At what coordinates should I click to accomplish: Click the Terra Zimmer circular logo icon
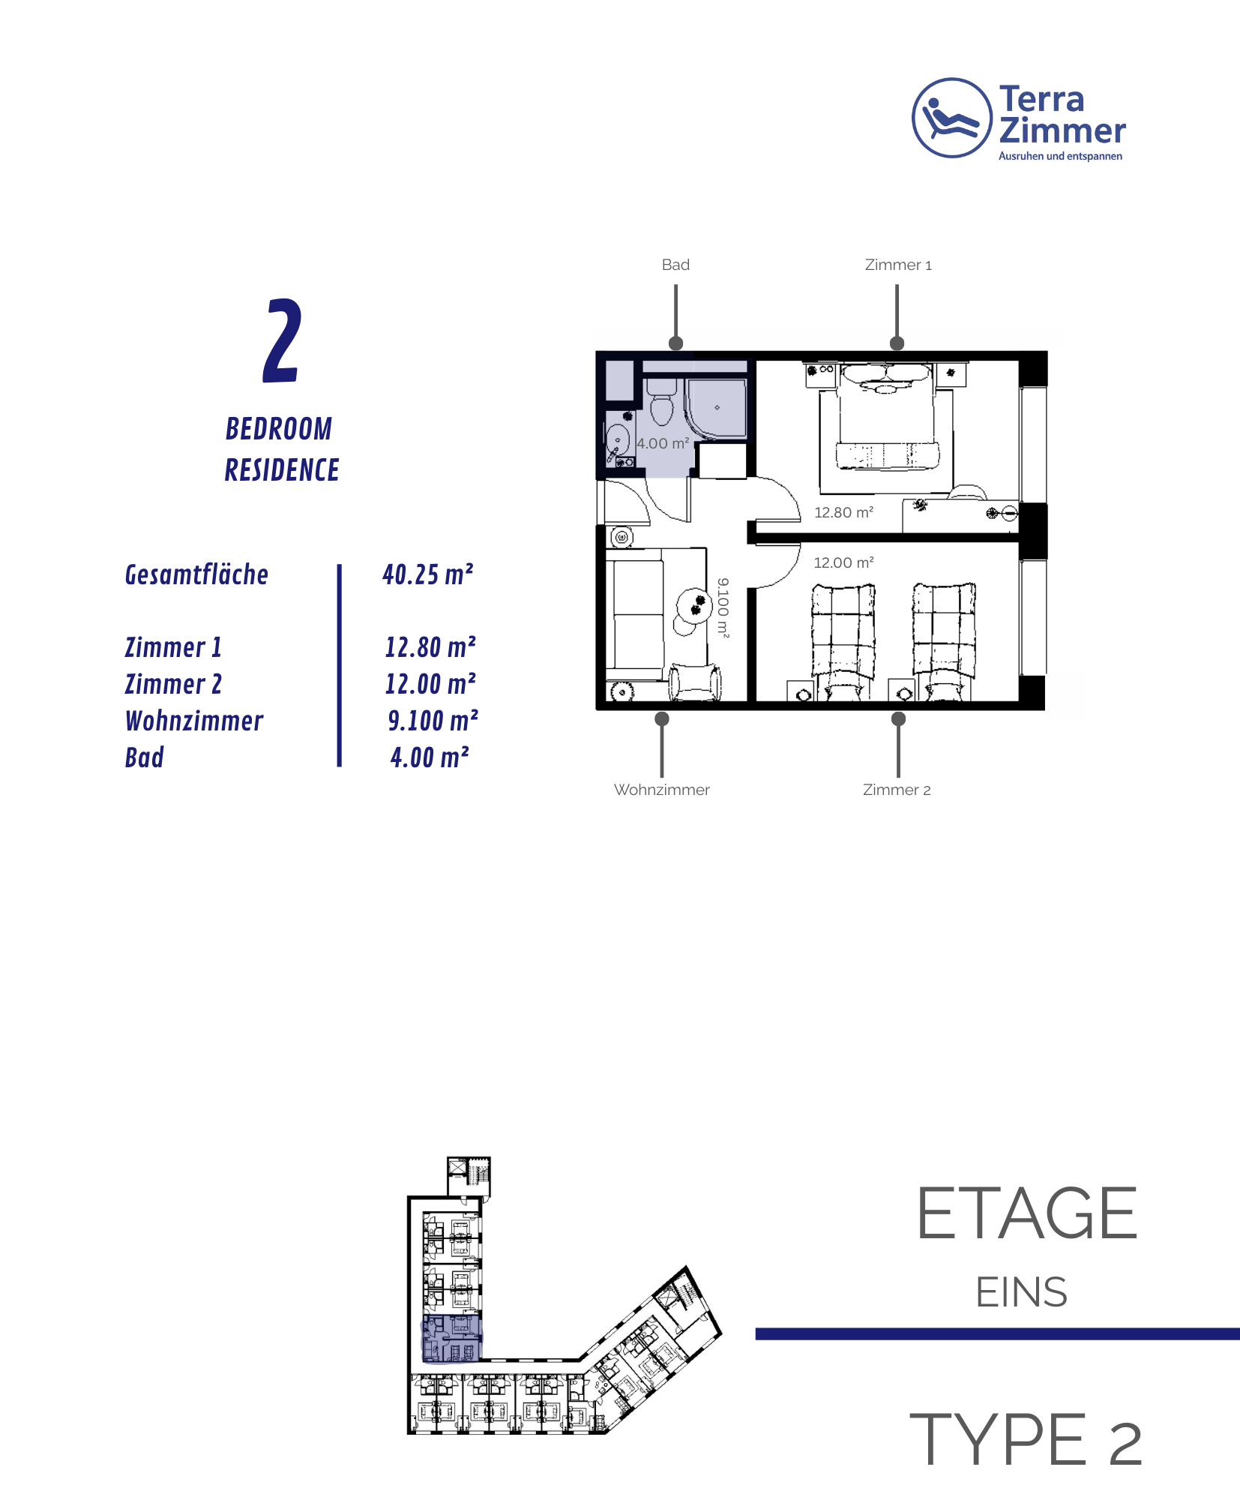click(951, 118)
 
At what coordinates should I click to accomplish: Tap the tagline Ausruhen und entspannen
click(1060, 156)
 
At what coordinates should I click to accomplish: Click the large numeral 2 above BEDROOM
click(283, 340)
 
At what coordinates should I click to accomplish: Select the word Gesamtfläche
click(196, 574)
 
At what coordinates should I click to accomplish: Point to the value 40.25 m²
click(428, 574)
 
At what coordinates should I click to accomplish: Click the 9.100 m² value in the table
click(433, 721)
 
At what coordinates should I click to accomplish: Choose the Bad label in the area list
click(145, 757)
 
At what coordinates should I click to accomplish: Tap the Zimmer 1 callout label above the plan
click(898, 265)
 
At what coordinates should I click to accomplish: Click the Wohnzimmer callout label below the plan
click(662, 790)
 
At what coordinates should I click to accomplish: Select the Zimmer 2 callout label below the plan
click(897, 790)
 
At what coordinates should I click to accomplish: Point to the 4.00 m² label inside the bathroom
click(663, 443)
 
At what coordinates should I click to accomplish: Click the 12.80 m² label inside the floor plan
click(844, 512)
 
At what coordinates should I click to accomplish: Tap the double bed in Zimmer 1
click(887, 416)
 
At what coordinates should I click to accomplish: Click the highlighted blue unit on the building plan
click(451, 1337)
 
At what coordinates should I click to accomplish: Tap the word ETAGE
click(1027, 1213)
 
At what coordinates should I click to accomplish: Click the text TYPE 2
click(1026, 1438)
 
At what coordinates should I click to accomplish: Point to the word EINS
click(1022, 1292)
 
